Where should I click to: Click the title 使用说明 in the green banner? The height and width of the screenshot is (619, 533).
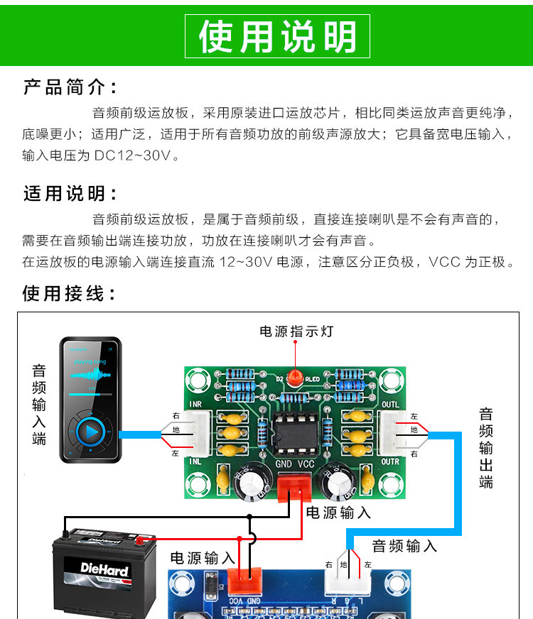tap(277, 36)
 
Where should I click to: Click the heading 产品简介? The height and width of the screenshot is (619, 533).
tap(70, 88)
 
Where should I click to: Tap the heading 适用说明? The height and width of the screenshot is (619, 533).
tap(70, 193)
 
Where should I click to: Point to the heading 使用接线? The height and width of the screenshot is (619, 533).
tap(70, 294)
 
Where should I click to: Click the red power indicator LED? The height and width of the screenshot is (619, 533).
tap(295, 377)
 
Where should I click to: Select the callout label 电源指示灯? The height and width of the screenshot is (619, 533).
tap(296, 332)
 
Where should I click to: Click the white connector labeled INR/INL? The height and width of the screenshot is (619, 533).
tap(198, 433)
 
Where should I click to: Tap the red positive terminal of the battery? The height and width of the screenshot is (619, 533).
tap(145, 539)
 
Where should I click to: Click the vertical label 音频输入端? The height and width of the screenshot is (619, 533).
tap(39, 405)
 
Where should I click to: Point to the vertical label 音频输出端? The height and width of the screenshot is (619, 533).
tap(486, 448)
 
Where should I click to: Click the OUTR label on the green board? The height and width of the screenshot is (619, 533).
tap(391, 461)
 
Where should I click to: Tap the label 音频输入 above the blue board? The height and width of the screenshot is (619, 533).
tap(404, 546)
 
